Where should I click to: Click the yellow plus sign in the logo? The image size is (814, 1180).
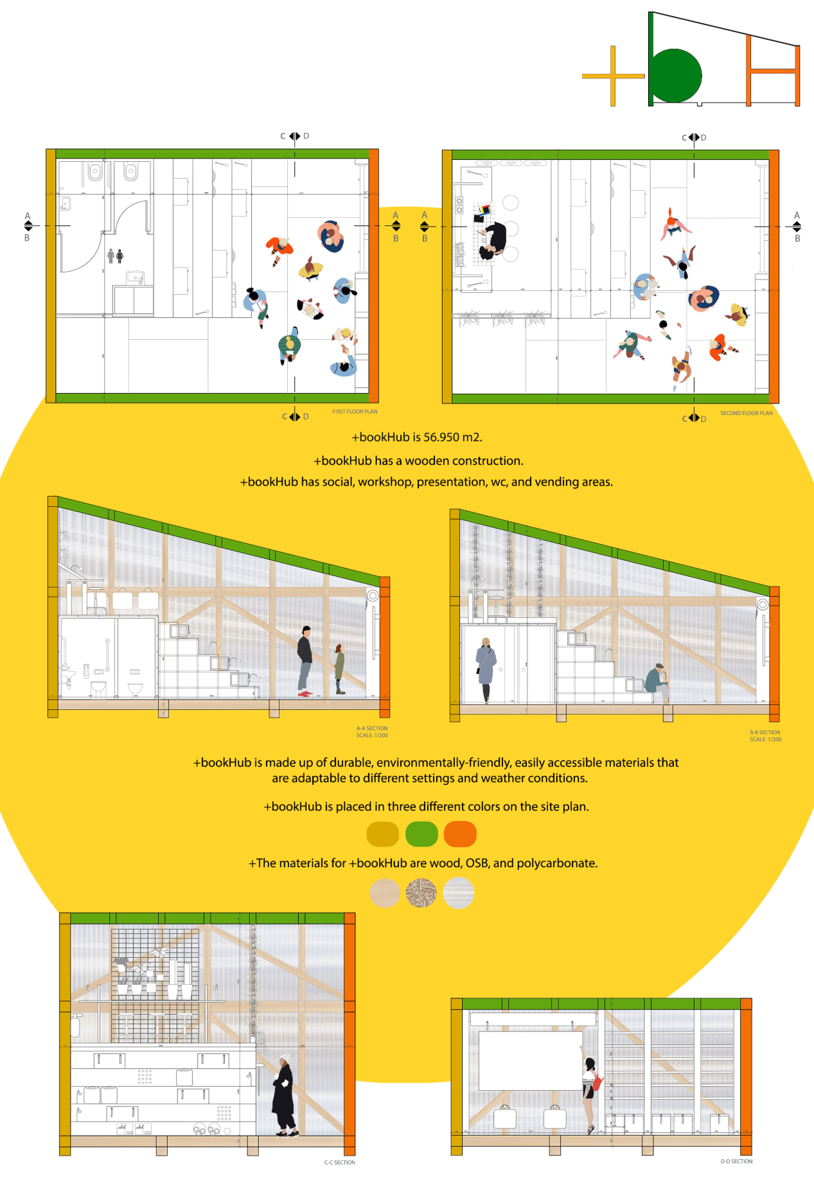point(612,76)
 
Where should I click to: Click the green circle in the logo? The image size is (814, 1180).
point(675,76)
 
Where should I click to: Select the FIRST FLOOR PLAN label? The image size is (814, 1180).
point(355,412)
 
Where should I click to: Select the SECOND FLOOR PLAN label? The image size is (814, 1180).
point(746,413)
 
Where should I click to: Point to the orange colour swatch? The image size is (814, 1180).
point(460,834)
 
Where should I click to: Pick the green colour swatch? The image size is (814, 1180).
point(421,834)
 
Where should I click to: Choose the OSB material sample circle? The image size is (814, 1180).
point(421,893)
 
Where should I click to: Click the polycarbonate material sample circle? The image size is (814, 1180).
point(459,893)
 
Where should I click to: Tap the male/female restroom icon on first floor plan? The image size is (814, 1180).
point(115,256)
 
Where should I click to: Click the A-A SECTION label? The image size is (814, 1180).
point(372,728)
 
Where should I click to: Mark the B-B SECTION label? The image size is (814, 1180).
point(765,732)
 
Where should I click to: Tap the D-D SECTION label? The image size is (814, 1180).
point(736,1161)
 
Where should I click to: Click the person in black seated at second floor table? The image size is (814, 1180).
point(495,240)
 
